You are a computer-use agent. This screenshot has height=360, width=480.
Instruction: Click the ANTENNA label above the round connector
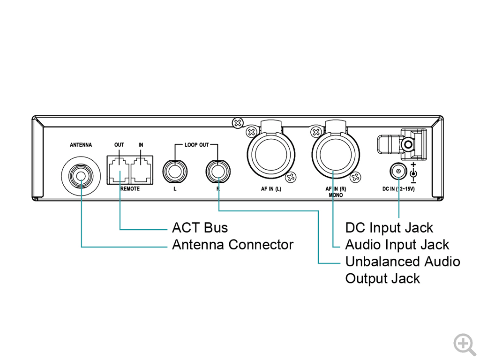pyautogui.click(x=81, y=145)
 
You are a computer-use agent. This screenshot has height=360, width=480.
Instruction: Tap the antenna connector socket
pyautogui.click(x=81, y=177)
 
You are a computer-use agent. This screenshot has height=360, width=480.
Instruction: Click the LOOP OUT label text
pyautogui.click(x=197, y=145)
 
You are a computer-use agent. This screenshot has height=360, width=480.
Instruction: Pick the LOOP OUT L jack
pyautogui.click(x=175, y=171)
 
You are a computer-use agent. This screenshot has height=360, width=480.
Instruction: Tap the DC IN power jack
pyautogui.click(x=398, y=172)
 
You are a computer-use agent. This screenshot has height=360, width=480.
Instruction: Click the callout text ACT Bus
pyautogui.click(x=200, y=228)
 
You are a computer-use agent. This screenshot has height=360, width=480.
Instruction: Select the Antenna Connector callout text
pyautogui.click(x=232, y=245)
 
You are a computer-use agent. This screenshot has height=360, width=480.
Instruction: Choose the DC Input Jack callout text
pyautogui.click(x=389, y=228)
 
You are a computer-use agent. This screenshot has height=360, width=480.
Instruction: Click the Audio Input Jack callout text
pyautogui.click(x=397, y=245)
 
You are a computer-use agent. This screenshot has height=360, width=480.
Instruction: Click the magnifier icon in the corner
pyautogui.click(x=464, y=344)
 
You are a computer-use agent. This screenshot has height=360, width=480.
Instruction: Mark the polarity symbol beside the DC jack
pyautogui.click(x=413, y=173)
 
